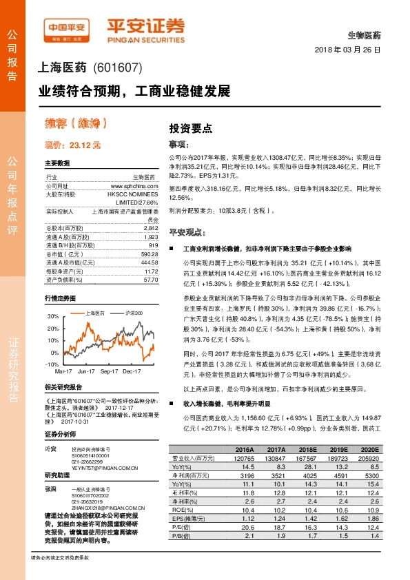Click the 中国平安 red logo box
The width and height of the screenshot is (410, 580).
point(66,28)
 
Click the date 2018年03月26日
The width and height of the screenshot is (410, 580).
point(351,51)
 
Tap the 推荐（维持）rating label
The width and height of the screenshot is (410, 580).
point(76,124)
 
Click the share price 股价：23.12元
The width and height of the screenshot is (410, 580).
point(72,145)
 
